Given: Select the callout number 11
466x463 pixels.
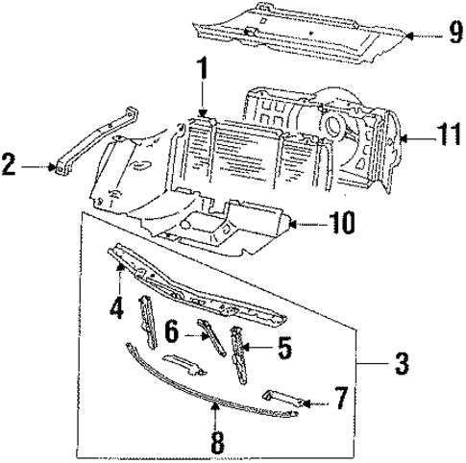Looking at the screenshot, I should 445,139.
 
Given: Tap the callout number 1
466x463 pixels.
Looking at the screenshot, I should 203,72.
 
